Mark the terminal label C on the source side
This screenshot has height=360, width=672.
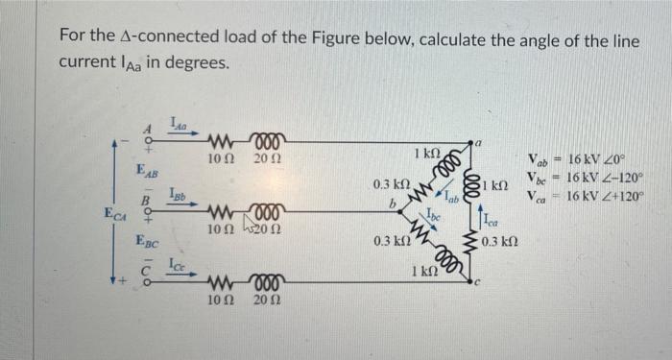147,270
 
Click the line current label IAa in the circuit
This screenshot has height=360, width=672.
179,122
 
